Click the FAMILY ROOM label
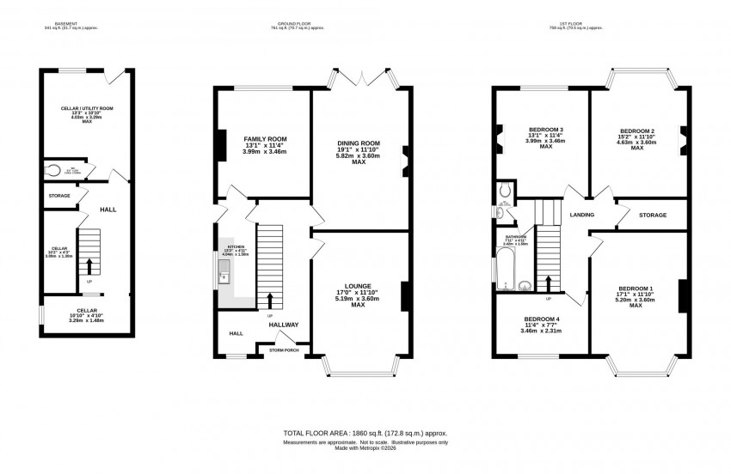coord(264,138)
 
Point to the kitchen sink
coord(224,275)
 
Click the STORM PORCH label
coord(285,350)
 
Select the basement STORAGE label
coord(58,196)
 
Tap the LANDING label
coord(582,215)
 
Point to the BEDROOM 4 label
coord(542,319)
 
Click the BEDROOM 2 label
coord(637,133)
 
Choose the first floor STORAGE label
coord(653,215)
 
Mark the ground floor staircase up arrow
coord(272,301)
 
